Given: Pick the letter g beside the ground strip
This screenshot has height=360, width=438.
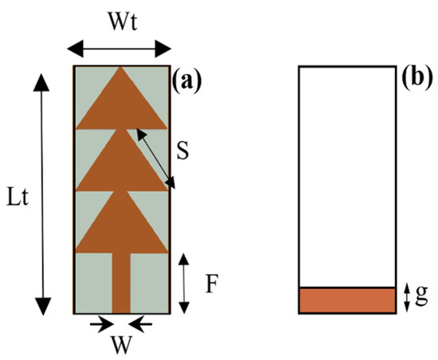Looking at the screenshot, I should [419, 298].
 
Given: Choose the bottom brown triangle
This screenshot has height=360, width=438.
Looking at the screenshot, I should [121, 225].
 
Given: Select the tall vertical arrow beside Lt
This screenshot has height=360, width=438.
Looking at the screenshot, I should [43, 191].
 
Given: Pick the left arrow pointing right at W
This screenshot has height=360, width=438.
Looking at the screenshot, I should [100, 323].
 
